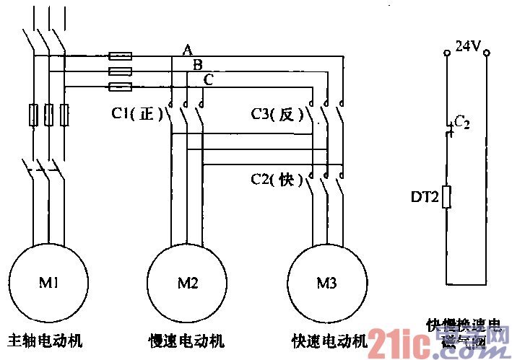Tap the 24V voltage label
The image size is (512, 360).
click(467, 47)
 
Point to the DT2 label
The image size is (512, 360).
click(424, 196)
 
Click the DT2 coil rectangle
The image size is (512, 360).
click(448, 196)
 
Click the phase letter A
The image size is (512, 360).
click(187, 49)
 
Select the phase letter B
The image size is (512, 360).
click(197, 64)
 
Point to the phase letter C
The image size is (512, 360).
click(208, 79)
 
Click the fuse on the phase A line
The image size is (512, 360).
click(120, 56)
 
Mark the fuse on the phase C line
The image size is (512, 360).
click(120, 87)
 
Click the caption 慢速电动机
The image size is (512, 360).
click(186, 340)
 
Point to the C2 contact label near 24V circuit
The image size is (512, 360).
click(461, 123)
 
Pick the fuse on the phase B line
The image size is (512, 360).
click(120, 71)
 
